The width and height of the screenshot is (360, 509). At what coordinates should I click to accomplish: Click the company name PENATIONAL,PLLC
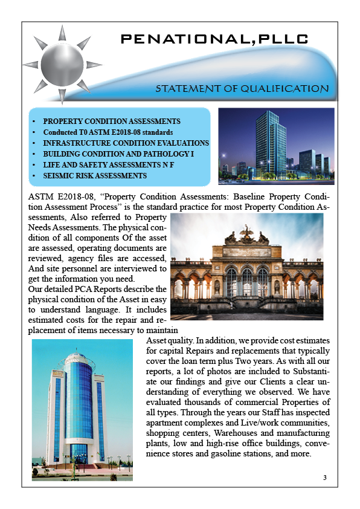(214, 39)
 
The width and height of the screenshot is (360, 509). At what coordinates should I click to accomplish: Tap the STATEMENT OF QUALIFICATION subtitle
(242, 88)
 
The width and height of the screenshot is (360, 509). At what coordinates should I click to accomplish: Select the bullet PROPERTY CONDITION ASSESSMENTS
(112, 122)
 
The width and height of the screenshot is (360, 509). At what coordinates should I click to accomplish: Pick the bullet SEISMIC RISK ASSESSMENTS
(95, 176)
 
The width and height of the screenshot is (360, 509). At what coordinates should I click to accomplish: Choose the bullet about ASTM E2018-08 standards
(108, 132)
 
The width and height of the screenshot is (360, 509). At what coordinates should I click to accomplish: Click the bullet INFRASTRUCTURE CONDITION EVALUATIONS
(126, 143)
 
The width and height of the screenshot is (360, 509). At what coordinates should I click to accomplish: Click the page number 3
(325, 478)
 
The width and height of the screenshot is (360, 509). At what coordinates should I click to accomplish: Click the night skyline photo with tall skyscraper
(275, 146)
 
